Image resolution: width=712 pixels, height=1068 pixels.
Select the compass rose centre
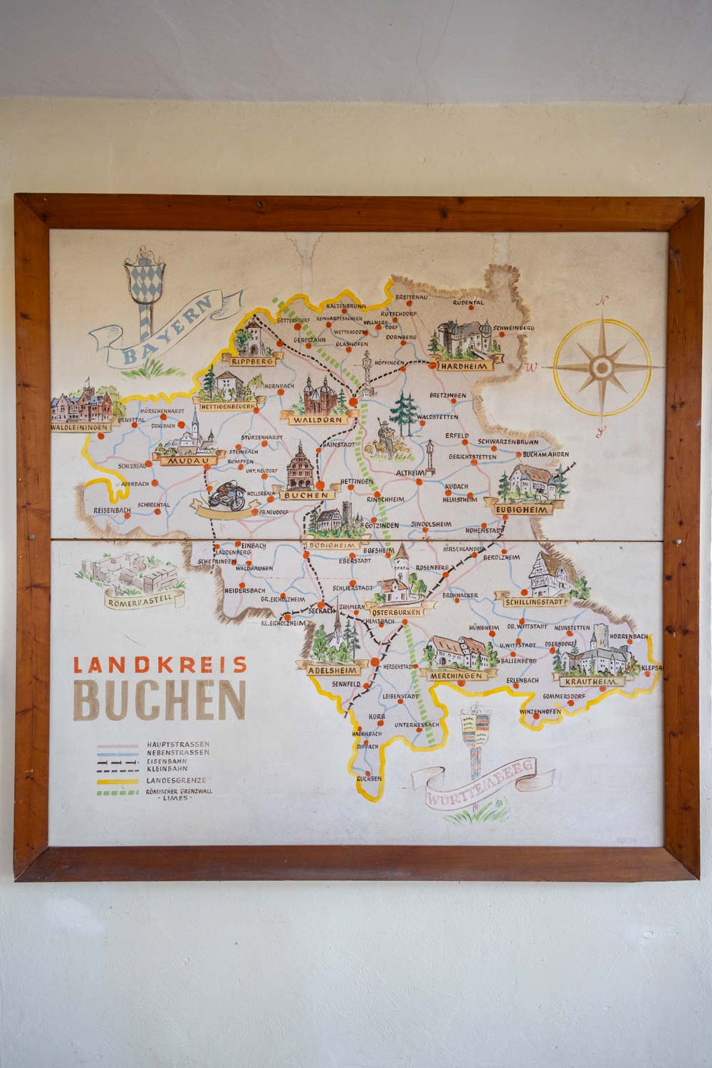[602, 367]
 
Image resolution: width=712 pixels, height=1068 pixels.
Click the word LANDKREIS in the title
[159, 665]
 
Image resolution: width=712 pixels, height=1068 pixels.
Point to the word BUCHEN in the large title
[159, 701]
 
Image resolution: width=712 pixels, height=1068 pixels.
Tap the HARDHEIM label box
[462, 365]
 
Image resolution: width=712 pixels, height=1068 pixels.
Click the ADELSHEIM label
[332, 670]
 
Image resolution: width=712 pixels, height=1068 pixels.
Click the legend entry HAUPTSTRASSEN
[178, 743]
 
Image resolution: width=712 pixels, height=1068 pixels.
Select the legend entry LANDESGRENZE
[178, 780]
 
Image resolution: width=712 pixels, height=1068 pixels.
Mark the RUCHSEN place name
[371, 779]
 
